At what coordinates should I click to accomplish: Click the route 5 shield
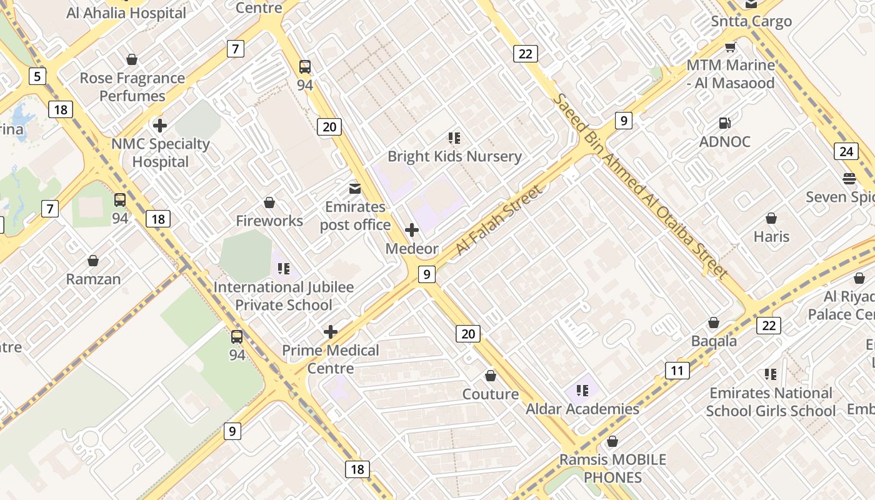coord(37,76)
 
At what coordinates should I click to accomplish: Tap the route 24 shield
coord(846,151)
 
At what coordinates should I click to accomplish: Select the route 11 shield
coord(677,371)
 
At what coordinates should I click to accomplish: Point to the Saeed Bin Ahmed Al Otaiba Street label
coord(640,186)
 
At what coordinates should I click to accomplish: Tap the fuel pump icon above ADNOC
coord(724,123)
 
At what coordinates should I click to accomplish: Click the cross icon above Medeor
coord(412,230)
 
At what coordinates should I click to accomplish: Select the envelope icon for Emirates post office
coord(355,188)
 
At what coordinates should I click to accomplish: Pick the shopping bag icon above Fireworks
coord(269,202)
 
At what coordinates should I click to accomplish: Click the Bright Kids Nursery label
coord(454,156)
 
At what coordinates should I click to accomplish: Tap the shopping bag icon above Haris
coord(771,218)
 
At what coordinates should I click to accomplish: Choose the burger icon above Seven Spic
coord(849,179)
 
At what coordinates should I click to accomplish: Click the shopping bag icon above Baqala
coord(714,322)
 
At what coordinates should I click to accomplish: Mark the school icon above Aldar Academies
coord(582,391)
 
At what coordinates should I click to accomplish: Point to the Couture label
coord(490,394)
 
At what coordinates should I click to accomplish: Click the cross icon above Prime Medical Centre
coord(331,332)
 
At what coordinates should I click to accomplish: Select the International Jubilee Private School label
coord(283,296)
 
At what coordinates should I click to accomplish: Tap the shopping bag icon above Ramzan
coord(93,261)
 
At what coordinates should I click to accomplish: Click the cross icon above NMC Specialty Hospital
coord(160,126)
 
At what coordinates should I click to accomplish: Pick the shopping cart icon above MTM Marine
coord(730,47)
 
